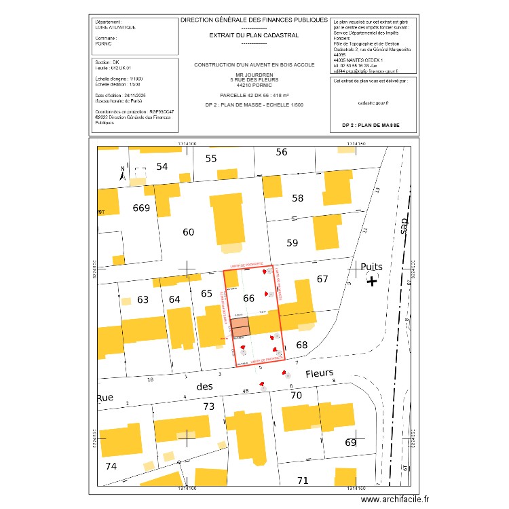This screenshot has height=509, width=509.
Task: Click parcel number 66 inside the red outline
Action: pyautogui.click(x=249, y=298)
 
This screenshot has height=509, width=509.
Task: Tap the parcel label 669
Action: pyautogui.click(x=141, y=208)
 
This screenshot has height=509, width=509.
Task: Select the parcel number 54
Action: pyautogui.click(x=162, y=166)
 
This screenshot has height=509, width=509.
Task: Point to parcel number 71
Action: pyautogui.click(x=303, y=480)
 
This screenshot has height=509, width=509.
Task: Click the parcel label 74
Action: pyautogui.click(x=111, y=466)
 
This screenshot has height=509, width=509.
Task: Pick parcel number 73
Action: pyautogui.click(x=209, y=407)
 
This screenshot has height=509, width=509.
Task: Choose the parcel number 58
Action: pyautogui.click(x=298, y=198)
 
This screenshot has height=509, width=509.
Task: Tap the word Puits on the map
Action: pyautogui.click(x=372, y=267)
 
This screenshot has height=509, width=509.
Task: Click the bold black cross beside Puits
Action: pyautogui.click(x=372, y=280)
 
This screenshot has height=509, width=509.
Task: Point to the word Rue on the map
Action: pyautogui.click(x=105, y=398)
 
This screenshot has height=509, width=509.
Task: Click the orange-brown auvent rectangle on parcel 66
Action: pyautogui.click(x=240, y=328)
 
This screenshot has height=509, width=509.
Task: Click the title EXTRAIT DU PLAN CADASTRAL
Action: pyautogui.click(x=254, y=35)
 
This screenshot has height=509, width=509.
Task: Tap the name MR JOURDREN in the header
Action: pyautogui.click(x=254, y=75)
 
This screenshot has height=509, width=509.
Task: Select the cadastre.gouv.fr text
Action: pyautogui.click(x=373, y=103)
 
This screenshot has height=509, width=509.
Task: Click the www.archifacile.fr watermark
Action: pyautogui.click(x=396, y=499)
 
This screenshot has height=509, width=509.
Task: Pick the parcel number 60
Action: pyautogui.click(x=189, y=232)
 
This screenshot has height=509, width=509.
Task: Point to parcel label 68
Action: pyautogui.click(x=302, y=345)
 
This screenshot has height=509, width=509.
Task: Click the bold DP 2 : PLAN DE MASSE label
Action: pyautogui.click(x=371, y=126)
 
